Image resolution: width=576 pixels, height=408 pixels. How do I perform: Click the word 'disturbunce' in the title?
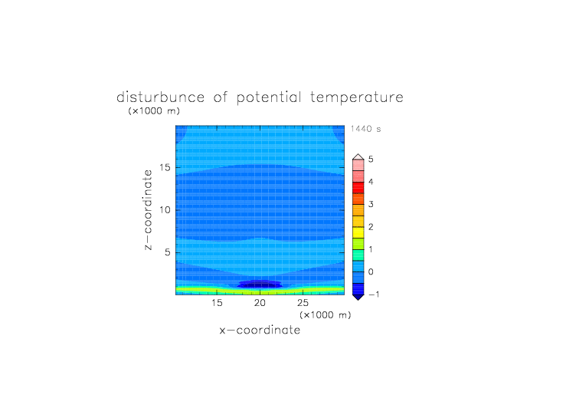pyautogui.click(x=160, y=97)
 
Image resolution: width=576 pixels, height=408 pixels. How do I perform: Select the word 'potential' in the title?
pyautogui.click(x=269, y=98)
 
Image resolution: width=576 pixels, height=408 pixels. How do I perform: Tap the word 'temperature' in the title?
pyautogui.click(x=357, y=98)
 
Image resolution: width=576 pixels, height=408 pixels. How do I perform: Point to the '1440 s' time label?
pyautogui.click(x=365, y=129)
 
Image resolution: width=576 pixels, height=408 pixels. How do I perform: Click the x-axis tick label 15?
pyautogui.click(x=217, y=303)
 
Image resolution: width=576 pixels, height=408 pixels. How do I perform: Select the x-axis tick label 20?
pyautogui.click(x=260, y=303)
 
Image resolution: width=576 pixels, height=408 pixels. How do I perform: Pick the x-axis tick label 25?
pyautogui.click(x=303, y=303)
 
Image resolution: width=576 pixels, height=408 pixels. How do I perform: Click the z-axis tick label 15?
pyautogui.click(x=165, y=167)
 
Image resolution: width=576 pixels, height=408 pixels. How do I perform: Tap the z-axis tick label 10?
pyautogui.click(x=165, y=210)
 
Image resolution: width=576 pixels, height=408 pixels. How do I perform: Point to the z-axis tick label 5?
pyautogui.click(x=168, y=252)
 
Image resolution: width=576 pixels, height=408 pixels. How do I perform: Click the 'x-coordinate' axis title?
pyautogui.click(x=260, y=330)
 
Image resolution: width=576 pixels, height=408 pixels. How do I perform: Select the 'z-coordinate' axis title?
pyautogui.click(x=148, y=210)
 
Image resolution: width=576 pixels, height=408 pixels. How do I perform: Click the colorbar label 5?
pyautogui.click(x=371, y=159)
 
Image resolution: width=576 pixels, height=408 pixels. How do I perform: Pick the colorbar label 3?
pyautogui.click(x=371, y=204)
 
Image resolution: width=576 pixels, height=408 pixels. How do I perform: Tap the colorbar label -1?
pyautogui.click(x=374, y=294)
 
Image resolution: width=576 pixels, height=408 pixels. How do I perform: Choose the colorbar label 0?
pyautogui.click(x=371, y=272)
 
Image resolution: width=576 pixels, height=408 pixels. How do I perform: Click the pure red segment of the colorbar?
pyautogui.click(x=358, y=188)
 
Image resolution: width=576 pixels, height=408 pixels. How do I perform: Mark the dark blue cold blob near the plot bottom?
pyautogui.click(x=260, y=285)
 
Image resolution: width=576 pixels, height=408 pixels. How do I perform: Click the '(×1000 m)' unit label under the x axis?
pyautogui.click(x=325, y=315)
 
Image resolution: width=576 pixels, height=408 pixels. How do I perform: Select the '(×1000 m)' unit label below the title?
pyautogui.click(x=154, y=110)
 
